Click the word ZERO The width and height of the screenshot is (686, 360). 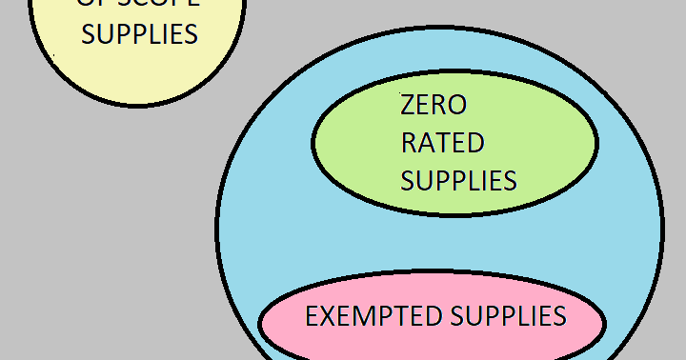pyautogui.click(x=434, y=105)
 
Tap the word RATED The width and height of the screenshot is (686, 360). pyautogui.click(x=442, y=143)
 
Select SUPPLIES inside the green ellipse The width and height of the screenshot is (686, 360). pyautogui.click(x=458, y=180)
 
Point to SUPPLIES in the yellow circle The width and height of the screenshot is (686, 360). pyautogui.click(x=139, y=34)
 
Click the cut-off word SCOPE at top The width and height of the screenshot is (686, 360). pyautogui.click(x=151, y=4)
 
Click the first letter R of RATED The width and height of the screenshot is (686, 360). pyautogui.click(x=409, y=143)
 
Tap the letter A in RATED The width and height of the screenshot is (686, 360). pyautogui.click(x=426, y=143)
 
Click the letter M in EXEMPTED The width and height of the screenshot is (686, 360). pyautogui.click(x=362, y=316)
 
